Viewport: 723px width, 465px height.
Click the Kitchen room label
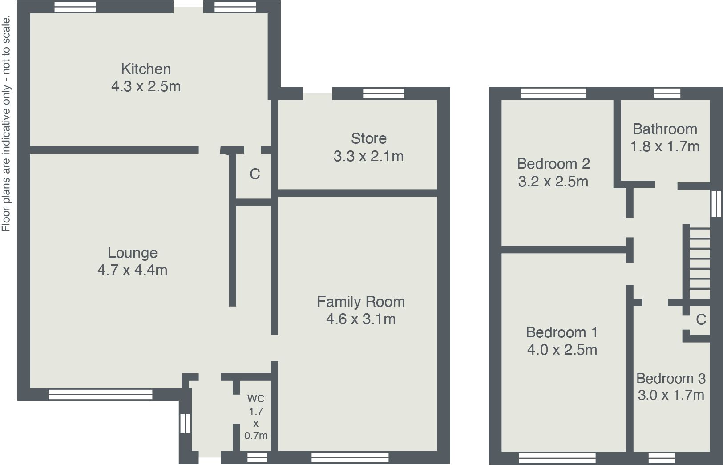pos(146,69)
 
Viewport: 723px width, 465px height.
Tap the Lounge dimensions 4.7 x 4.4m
pos(132,270)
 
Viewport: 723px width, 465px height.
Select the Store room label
pos(368,138)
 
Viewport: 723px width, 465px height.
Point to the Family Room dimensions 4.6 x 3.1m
pos(360,319)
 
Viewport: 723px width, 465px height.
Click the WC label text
pos(256,398)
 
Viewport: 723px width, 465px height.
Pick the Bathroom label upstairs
pos(665,129)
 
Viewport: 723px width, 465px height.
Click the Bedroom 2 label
pos(553,164)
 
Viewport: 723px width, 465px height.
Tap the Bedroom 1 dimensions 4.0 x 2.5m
pos(562,350)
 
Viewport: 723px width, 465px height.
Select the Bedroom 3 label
pos(670,379)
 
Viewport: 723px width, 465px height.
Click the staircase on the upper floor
pos(699,263)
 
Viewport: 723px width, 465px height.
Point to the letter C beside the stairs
pos(701,319)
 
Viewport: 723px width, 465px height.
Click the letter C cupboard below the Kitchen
pos(254,174)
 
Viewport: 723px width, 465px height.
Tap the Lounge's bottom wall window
pos(101,394)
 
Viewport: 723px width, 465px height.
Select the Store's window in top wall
pos(384,93)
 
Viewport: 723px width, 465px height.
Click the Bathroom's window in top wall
pos(667,93)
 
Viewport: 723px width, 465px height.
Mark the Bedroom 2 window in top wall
pos(553,93)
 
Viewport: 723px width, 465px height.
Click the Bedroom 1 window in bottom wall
pos(557,458)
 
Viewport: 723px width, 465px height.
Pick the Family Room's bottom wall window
pos(350,457)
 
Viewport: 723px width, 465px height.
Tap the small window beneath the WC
pos(257,457)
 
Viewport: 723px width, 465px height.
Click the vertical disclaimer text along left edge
pos(6,124)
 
